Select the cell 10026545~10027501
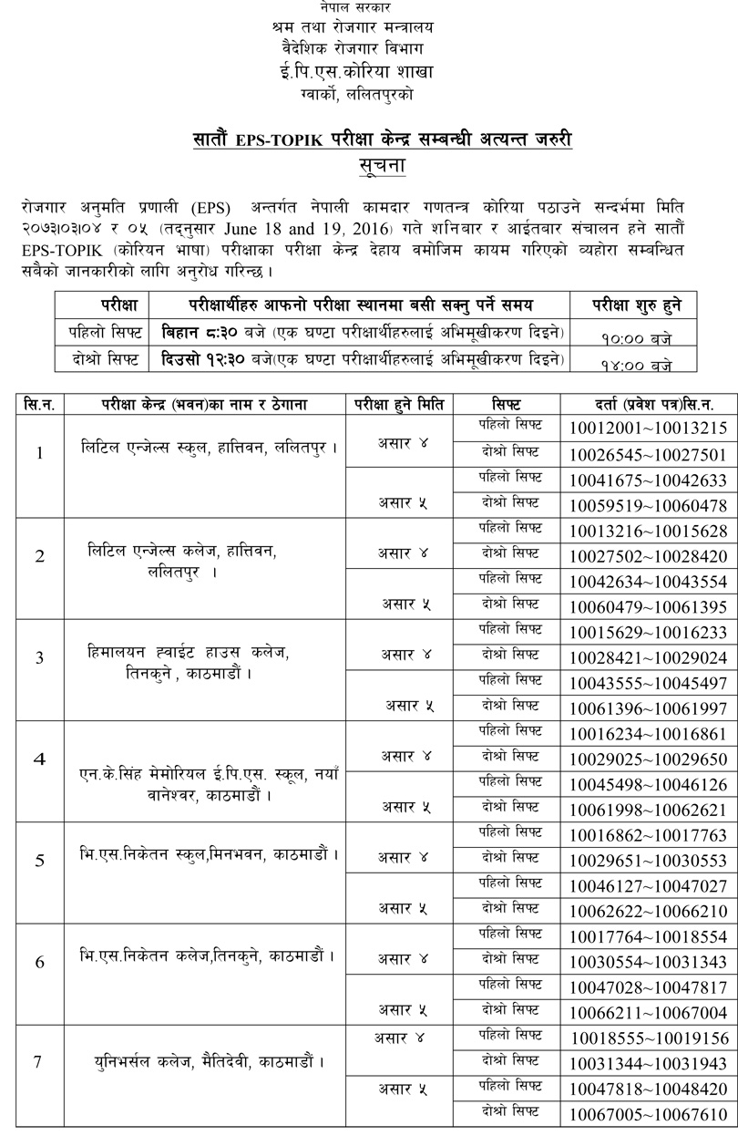pyautogui.click(x=648, y=454)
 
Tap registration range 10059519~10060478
pyautogui.click(x=648, y=505)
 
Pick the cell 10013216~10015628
pyautogui.click(x=648, y=531)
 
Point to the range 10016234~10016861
pyautogui.click(x=648, y=733)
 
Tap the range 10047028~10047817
pyautogui.click(x=648, y=986)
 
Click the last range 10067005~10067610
pyautogui.click(x=648, y=1114)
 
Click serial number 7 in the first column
pyautogui.click(x=38, y=1062)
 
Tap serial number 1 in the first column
pyautogui.click(x=38, y=452)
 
